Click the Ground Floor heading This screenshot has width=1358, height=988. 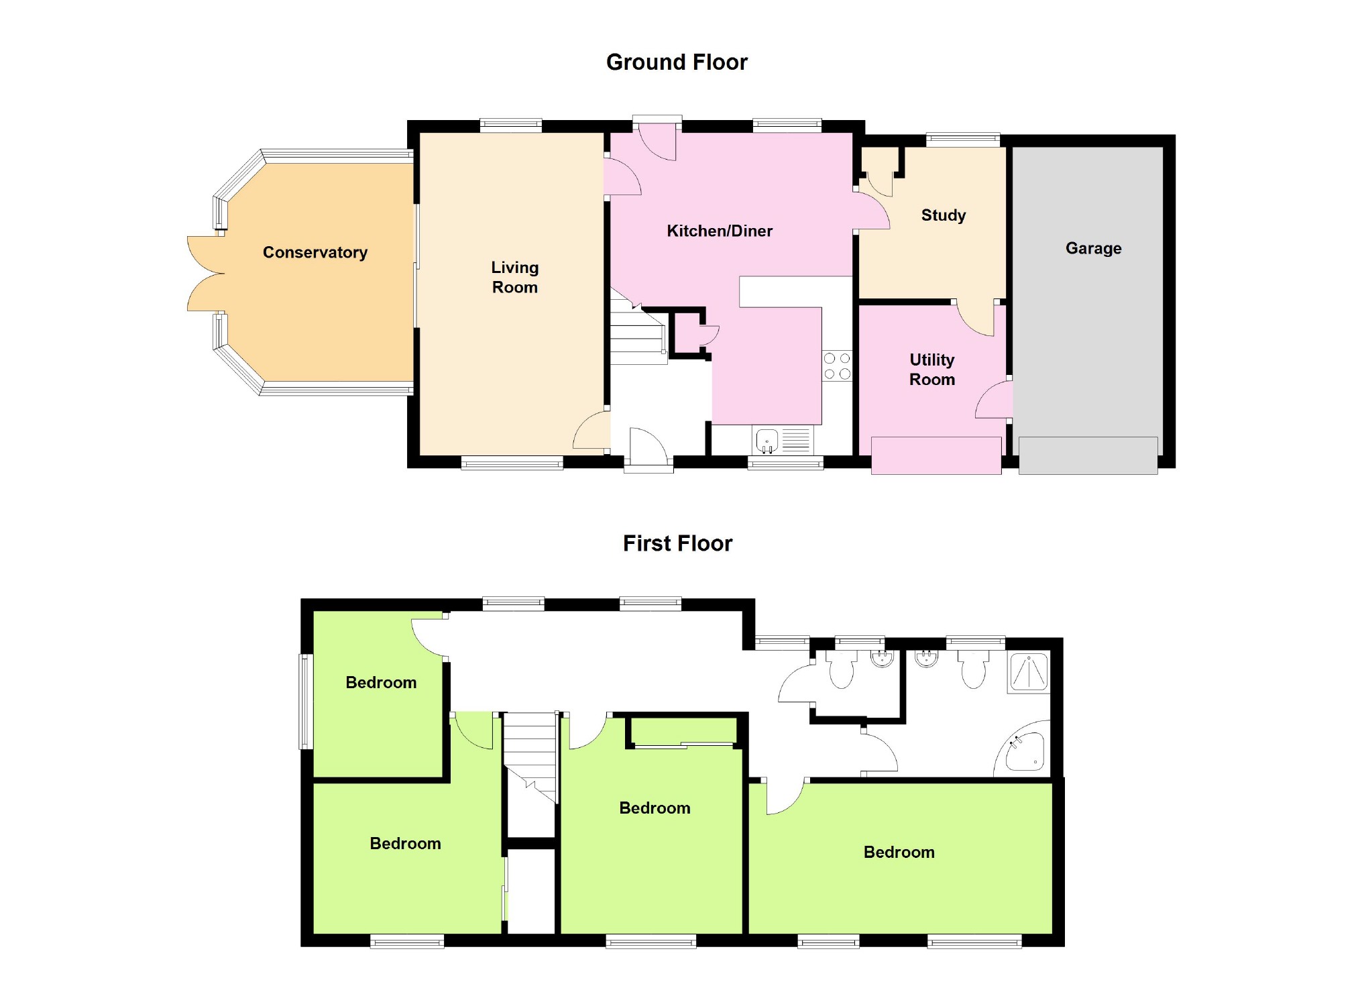click(676, 62)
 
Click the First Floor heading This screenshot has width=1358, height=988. click(677, 543)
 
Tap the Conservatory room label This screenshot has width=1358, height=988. click(315, 252)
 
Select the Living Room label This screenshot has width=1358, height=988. click(514, 277)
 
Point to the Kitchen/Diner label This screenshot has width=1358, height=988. click(719, 231)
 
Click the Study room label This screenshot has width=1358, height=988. click(943, 215)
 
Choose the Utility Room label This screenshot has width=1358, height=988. click(931, 370)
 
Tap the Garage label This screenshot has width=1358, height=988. click(1093, 248)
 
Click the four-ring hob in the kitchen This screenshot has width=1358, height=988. click(836, 366)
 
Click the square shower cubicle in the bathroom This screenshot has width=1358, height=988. click(1029, 673)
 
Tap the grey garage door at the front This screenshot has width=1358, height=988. click(1087, 455)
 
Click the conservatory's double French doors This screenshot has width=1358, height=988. click(205, 274)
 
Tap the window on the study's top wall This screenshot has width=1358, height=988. click(963, 140)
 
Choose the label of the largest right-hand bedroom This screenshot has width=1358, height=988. click(899, 853)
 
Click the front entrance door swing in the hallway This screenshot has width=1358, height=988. click(646, 445)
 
